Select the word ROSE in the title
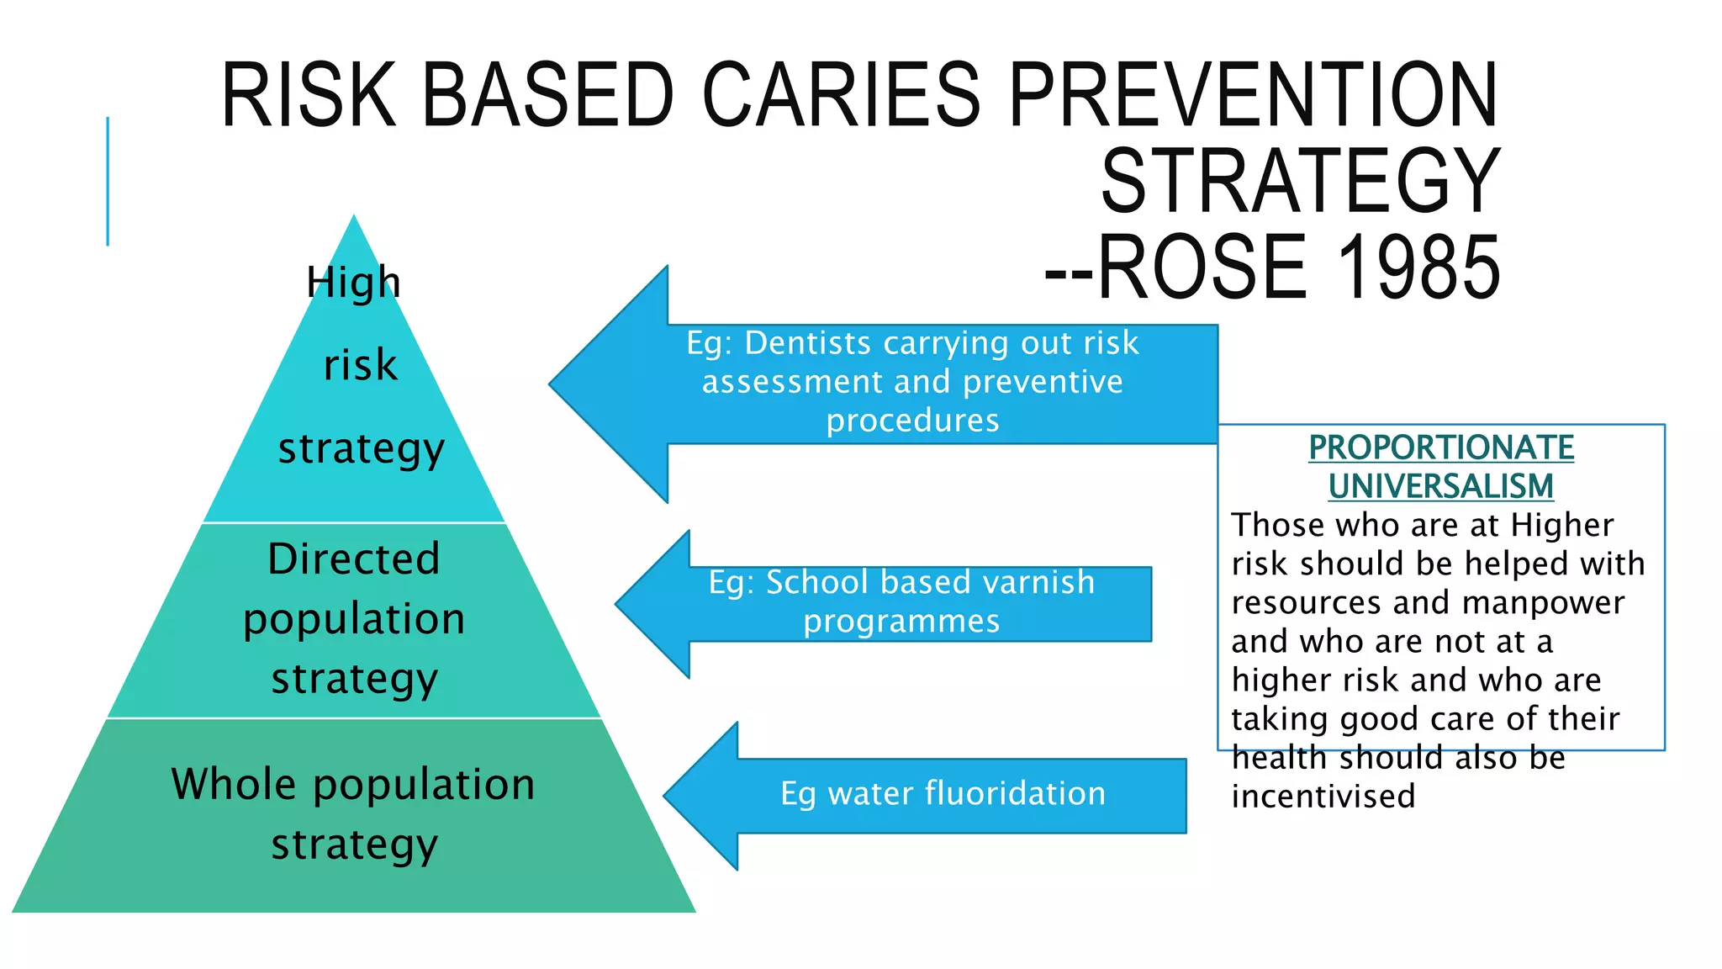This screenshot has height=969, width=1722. (x=1202, y=267)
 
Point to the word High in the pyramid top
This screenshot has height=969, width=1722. (x=353, y=283)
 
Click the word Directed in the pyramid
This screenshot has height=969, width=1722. (x=354, y=559)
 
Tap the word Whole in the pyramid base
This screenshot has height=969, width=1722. (x=234, y=784)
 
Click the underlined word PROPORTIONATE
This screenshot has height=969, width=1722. (x=1441, y=447)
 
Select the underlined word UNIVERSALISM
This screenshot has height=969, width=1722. (x=1441, y=486)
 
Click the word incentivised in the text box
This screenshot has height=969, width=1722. (x=1323, y=797)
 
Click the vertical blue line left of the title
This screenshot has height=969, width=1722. (x=108, y=181)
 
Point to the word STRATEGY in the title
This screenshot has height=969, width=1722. (x=1300, y=181)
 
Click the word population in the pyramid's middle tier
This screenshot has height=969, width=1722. (x=354, y=620)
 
